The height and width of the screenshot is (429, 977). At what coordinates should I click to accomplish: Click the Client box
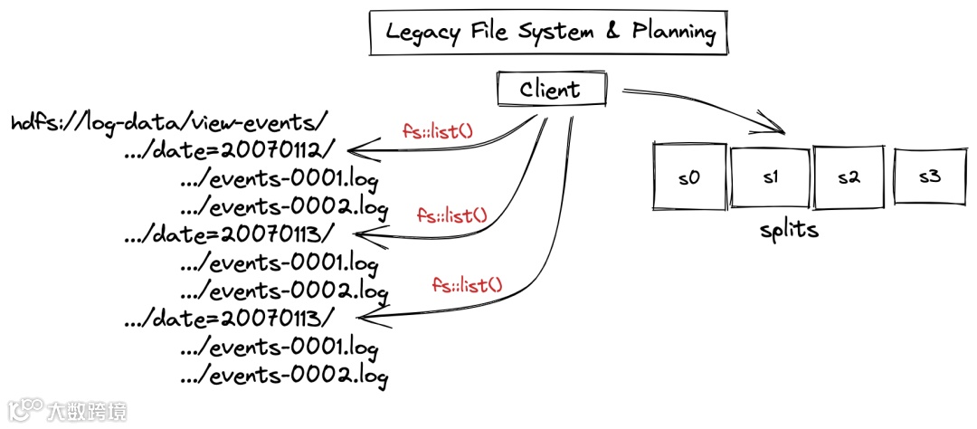coord(549,90)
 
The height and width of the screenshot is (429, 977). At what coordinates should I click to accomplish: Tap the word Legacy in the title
coord(422,33)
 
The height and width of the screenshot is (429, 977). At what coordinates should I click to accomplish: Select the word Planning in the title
coord(673,33)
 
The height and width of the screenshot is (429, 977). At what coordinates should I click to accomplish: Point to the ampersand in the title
coord(612,33)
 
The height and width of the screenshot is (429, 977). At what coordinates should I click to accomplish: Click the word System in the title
coord(555,33)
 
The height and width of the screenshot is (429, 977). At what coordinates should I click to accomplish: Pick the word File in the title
coord(489,33)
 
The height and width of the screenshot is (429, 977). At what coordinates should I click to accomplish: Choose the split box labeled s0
coord(689,176)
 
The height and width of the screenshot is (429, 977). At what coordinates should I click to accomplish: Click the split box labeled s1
coord(770,176)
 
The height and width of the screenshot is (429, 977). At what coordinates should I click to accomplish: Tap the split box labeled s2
coord(848,176)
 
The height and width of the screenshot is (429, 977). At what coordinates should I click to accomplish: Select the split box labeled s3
coord(929,175)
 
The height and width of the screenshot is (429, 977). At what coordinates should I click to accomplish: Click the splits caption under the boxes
coord(789,229)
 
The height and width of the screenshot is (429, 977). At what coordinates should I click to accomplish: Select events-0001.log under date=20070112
coord(279,177)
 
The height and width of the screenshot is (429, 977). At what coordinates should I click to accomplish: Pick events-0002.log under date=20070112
coord(284,205)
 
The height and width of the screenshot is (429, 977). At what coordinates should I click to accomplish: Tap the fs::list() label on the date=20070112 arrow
coord(438,130)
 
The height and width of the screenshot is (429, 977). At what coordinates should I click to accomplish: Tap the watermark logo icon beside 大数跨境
coord(25,409)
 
